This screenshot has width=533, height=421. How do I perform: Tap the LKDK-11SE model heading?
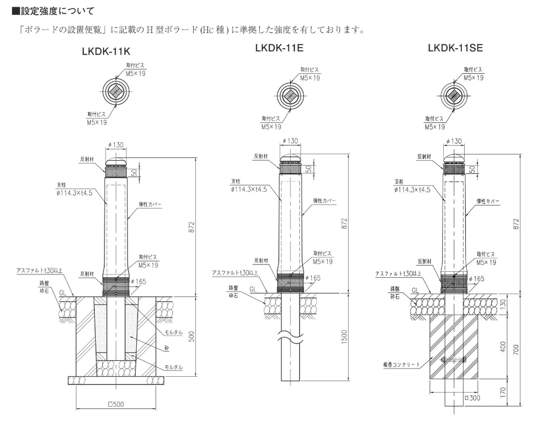click(x=455, y=49)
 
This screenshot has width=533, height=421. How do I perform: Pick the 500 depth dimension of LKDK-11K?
click(x=191, y=337)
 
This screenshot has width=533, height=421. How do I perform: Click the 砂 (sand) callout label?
click(x=166, y=348)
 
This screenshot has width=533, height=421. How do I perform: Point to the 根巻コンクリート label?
click(x=403, y=364)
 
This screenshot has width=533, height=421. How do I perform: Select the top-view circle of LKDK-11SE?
click(x=453, y=96)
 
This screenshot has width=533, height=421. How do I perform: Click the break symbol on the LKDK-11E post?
click(x=291, y=334)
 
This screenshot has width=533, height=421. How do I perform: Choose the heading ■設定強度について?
click(x=50, y=9)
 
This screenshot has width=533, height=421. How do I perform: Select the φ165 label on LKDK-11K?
click(x=138, y=281)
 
